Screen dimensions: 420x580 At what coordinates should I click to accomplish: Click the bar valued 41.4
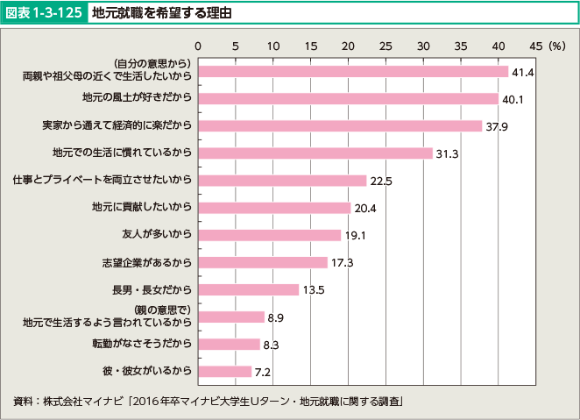coord(353,71)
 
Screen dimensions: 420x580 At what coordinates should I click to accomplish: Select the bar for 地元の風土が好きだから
coord(348,98)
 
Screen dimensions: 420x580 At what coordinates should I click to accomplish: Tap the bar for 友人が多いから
coord(269,235)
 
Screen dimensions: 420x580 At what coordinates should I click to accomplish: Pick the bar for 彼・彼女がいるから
coord(224,371)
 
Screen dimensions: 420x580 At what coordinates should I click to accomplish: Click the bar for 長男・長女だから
coord(248,289)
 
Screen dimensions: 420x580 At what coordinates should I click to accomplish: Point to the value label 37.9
coord(497,126)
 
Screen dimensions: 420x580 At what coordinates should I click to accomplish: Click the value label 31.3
coord(447,153)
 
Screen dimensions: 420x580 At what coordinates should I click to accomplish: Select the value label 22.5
coord(381,181)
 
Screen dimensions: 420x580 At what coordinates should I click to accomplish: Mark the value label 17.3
coord(342,262)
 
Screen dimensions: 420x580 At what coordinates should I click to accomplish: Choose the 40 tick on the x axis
coord(499,45)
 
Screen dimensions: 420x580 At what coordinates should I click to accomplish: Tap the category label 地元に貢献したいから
coord(141,208)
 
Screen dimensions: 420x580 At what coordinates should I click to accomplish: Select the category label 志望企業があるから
coord(146,262)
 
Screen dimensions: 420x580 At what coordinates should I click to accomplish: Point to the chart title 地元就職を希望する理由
coord(159,13)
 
